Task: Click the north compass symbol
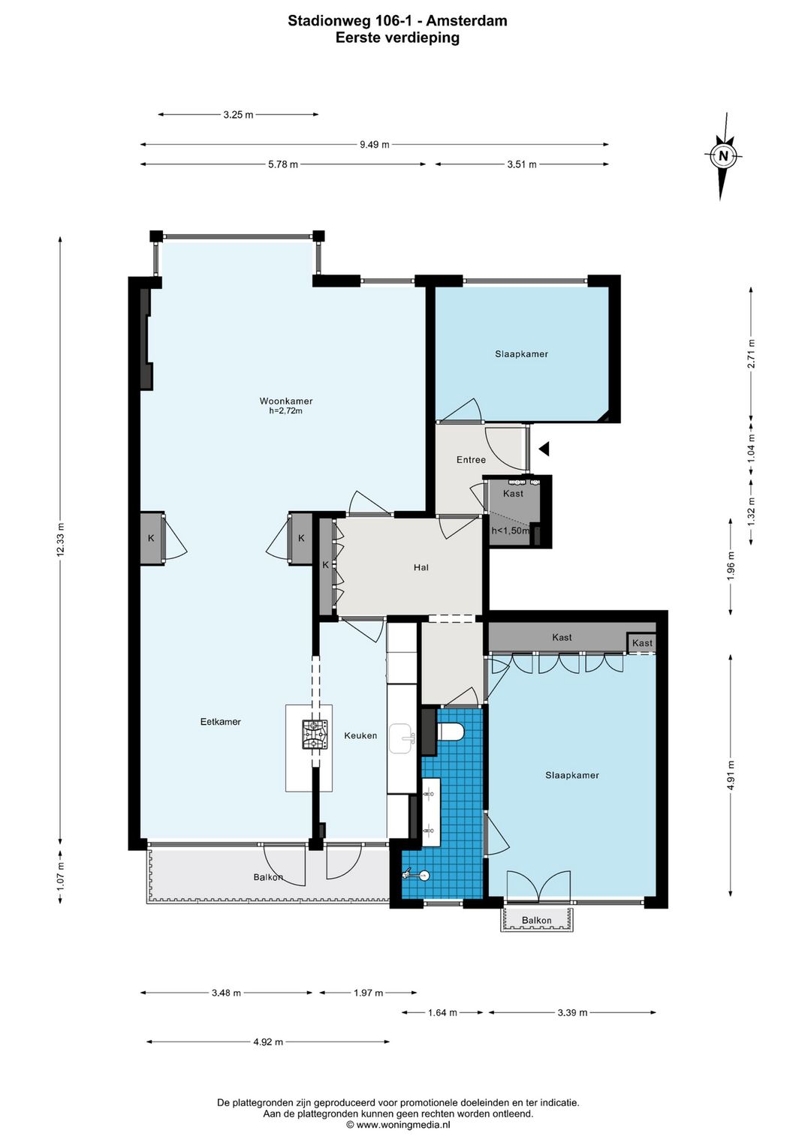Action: (x=723, y=156)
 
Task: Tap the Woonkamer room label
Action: (x=285, y=401)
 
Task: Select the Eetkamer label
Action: (x=220, y=722)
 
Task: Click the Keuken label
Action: (x=360, y=735)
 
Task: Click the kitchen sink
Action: (x=402, y=738)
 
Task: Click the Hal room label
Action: (x=421, y=567)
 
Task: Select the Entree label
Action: (x=471, y=459)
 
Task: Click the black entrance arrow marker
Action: (x=544, y=449)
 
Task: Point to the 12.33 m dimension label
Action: (x=61, y=539)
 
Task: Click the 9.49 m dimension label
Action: (x=374, y=145)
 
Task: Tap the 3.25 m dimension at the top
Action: (x=238, y=115)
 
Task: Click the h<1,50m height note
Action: (x=510, y=530)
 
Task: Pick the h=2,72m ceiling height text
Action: (x=285, y=410)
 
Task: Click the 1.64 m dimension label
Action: (x=442, y=1013)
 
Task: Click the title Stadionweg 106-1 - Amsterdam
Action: (x=397, y=21)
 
